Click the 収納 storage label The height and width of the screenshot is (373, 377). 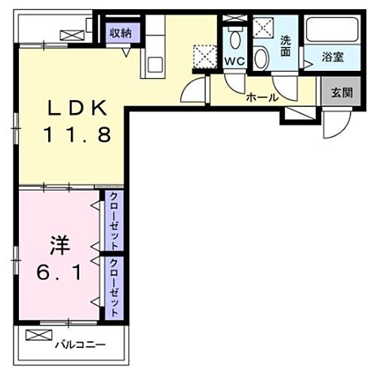click(x=121, y=32)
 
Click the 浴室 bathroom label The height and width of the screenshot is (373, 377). click(x=333, y=55)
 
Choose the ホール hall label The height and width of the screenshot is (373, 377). click(x=262, y=97)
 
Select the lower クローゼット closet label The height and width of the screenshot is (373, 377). click(x=114, y=288)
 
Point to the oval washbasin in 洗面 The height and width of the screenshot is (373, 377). click(x=262, y=57)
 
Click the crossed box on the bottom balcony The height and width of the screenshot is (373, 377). click(x=35, y=335)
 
